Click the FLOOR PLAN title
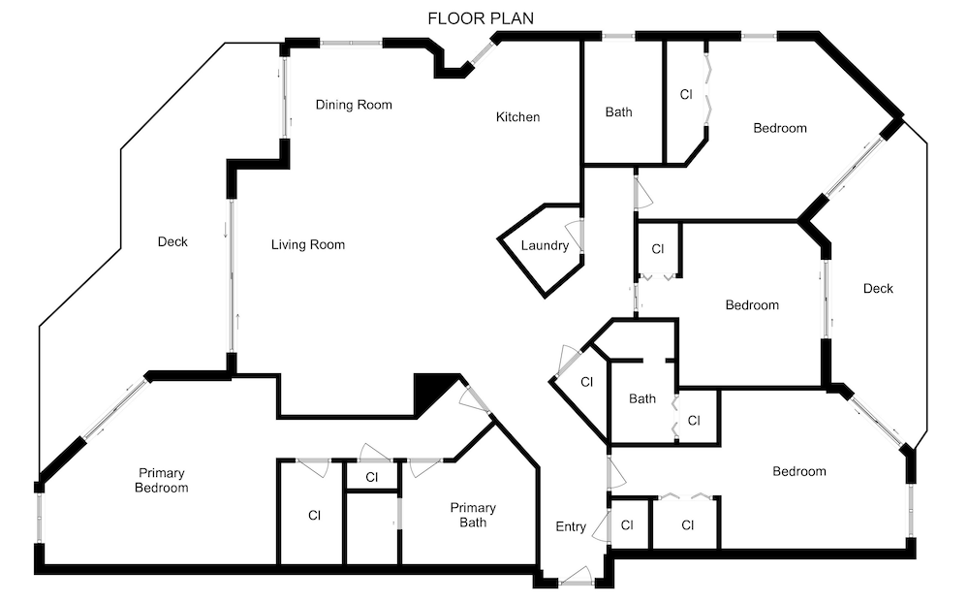(481, 18)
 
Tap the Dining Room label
(354, 105)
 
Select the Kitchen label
(517, 117)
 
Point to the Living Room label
(308, 244)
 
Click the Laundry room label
(545, 246)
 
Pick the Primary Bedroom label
(161, 480)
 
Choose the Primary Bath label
(473, 515)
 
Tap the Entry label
(571, 526)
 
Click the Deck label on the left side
(172, 241)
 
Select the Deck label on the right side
(878, 289)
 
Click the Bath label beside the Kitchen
(618, 111)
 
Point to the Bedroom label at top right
(780, 128)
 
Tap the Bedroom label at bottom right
(799, 471)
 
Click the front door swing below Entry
(576, 576)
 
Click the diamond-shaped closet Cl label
(586, 382)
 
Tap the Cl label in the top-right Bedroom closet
(686, 95)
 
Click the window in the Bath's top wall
(618, 36)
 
